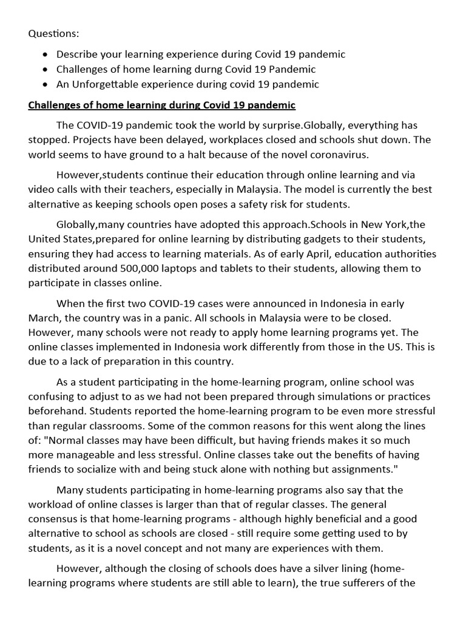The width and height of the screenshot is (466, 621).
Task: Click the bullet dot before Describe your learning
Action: [x=46, y=55]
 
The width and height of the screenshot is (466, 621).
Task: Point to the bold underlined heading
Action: [x=161, y=105]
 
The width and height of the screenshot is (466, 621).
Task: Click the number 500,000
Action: [x=159, y=268]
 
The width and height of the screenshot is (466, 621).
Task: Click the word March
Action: [x=44, y=318]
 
